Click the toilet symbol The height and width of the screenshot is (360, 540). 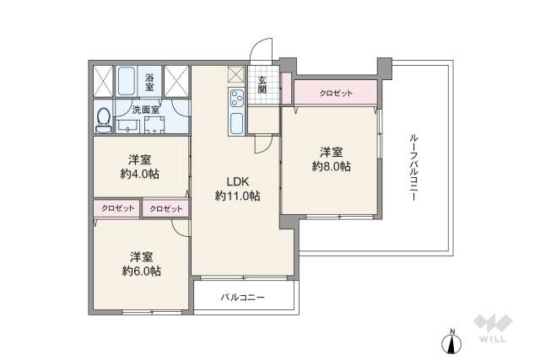pos(103,118)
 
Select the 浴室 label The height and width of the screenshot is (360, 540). pos(150,81)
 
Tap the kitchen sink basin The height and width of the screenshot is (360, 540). pos(235,123)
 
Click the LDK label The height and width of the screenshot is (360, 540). pos(236,180)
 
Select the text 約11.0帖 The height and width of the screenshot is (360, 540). pos(236,196)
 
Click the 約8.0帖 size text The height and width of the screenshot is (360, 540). pos(331,167)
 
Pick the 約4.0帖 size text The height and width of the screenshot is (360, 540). pos(140,174)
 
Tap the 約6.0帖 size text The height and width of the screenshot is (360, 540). pos(140,271)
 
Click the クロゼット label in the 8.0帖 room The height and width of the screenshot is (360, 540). pos(335,93)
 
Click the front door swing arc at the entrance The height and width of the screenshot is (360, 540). pos(263,51)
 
